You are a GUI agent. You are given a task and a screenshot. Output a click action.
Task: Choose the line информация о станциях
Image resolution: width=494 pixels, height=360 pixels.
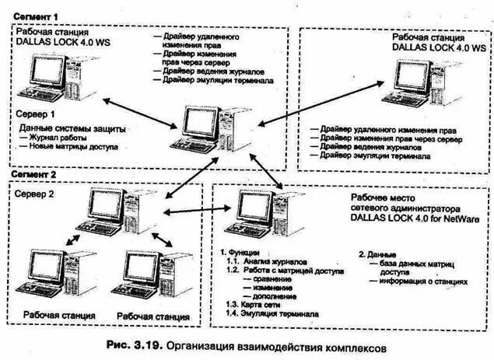424,281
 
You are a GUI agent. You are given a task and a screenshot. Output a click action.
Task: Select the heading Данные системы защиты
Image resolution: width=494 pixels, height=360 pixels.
72,127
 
